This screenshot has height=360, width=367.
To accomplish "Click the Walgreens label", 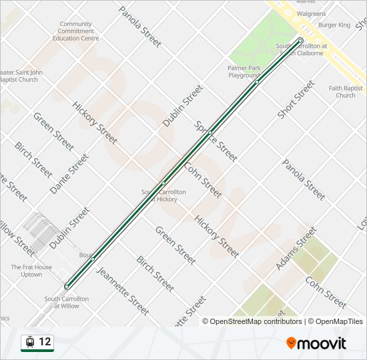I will click(x=311, y=13).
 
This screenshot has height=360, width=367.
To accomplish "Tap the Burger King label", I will click(x=334, y=25).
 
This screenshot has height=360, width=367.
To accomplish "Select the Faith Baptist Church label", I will click(x=346, y=92).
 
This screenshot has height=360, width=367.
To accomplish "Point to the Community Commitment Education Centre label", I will click(x=75, y=31).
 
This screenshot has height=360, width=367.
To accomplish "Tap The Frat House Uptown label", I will click(x=31, y=271).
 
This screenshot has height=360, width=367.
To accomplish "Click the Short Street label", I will click(x=296, y=99).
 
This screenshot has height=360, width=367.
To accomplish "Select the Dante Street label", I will click(x=69, y=174).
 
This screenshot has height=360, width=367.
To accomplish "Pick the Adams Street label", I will click(x=296, y=248).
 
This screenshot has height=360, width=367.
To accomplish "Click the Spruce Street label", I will click(x=216, y=142).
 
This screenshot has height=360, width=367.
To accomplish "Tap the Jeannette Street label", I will click(x=123, y=291).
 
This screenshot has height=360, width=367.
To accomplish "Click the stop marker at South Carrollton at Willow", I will click(x=67, y=287).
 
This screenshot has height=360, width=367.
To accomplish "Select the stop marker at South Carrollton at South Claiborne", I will click(x=300, y=40).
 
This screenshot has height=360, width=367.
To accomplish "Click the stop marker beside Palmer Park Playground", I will click(x=257, y=82).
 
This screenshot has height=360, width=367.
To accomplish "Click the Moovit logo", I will click(x=316, y=343).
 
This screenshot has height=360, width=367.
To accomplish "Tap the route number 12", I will click(x=45, y=342).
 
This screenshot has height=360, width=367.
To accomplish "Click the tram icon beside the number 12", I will click(x=29, y=342).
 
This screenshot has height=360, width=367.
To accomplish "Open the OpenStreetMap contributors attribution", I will click(x=252, y=321).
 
